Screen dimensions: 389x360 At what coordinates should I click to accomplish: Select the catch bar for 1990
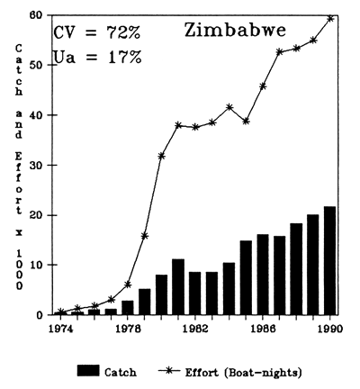[330, 261]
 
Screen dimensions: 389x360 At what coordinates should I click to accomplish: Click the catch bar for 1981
[178, 287]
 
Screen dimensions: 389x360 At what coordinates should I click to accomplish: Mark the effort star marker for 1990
[330, 18]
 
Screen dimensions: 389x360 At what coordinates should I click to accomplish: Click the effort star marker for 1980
[162, 156]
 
